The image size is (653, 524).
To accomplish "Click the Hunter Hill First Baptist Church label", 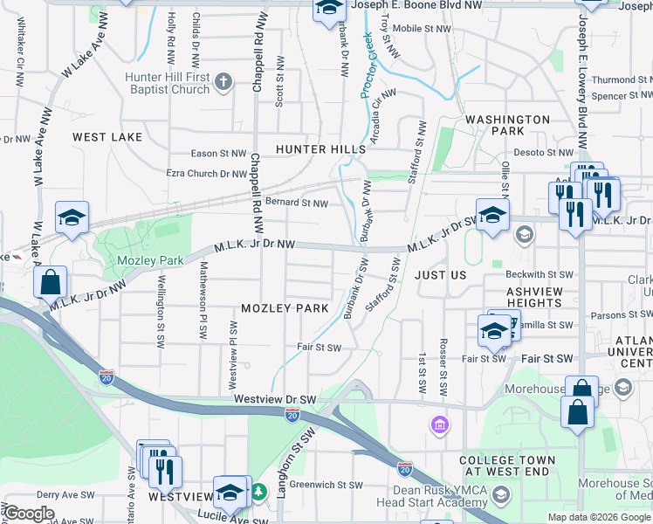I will (167, 83).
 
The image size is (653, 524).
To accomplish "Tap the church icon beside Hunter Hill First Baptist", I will (223, 83).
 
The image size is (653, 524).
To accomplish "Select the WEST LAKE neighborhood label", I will (107, 137).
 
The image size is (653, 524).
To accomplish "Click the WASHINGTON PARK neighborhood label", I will (507, 125).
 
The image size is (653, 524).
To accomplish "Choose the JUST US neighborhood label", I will (441, 275).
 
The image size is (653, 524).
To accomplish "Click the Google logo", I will (29, 514).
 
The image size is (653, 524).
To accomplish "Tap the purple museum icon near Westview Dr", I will (439, 425).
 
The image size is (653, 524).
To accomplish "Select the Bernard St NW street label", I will (296, 203).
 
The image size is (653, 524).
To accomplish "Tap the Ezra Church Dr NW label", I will (207, 173).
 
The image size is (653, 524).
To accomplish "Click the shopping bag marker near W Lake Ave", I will (51, 282).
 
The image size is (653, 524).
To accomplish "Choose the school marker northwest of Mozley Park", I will (72, 218).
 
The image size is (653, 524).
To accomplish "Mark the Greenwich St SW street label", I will (320, 483).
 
